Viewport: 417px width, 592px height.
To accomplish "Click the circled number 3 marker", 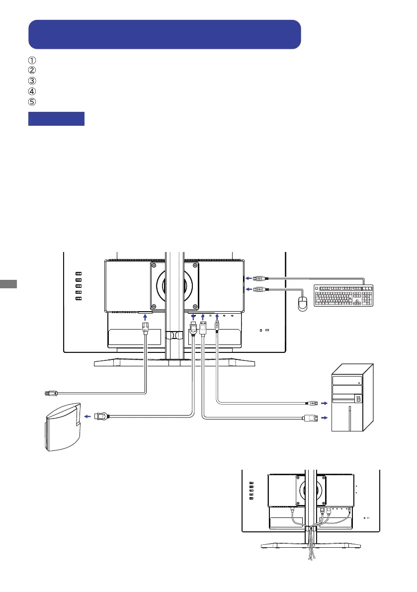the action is click(x=32, y=81).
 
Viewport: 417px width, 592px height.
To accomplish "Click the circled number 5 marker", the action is click(x=32, y=101).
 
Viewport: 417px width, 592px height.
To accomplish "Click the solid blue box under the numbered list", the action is click(x=57, y=119).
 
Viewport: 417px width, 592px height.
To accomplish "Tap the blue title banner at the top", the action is click(x=165, y=34).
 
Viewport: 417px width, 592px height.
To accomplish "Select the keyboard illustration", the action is click(x=343, y=296).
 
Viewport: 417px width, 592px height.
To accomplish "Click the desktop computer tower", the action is click(x=353, y=398).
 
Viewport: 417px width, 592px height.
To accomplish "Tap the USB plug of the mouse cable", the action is click(x=260, y=289).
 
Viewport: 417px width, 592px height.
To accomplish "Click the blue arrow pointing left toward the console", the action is click(x=86, y=417).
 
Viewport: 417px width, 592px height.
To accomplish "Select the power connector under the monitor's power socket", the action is click(x=146, y=328).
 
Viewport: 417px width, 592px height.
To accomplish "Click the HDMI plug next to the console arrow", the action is click(x=101, y=417).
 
